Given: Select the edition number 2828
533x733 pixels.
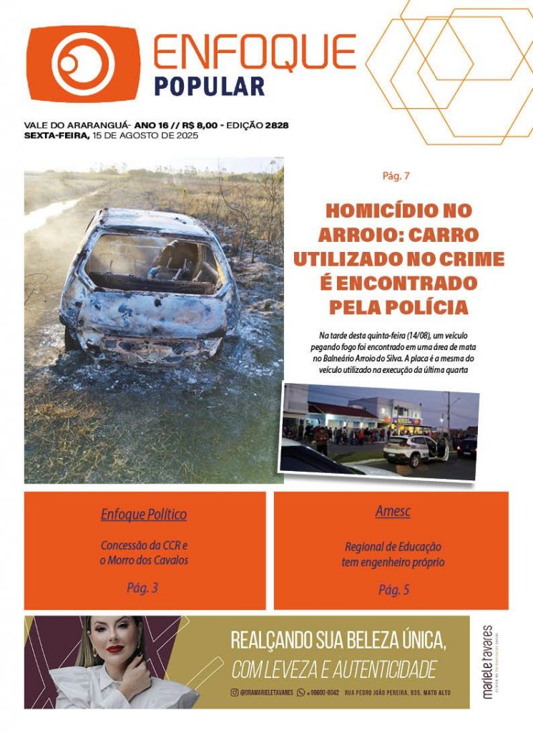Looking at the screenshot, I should [276, 125].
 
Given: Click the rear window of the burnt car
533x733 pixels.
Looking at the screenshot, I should [152, 258].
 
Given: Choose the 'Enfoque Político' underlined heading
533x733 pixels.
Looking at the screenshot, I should [144, 514].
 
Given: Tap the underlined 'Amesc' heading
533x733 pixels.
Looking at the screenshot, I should [393, 512].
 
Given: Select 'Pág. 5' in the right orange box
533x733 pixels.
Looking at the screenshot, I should [393, 590].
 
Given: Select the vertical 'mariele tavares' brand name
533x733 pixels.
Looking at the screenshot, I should [488, 661].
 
